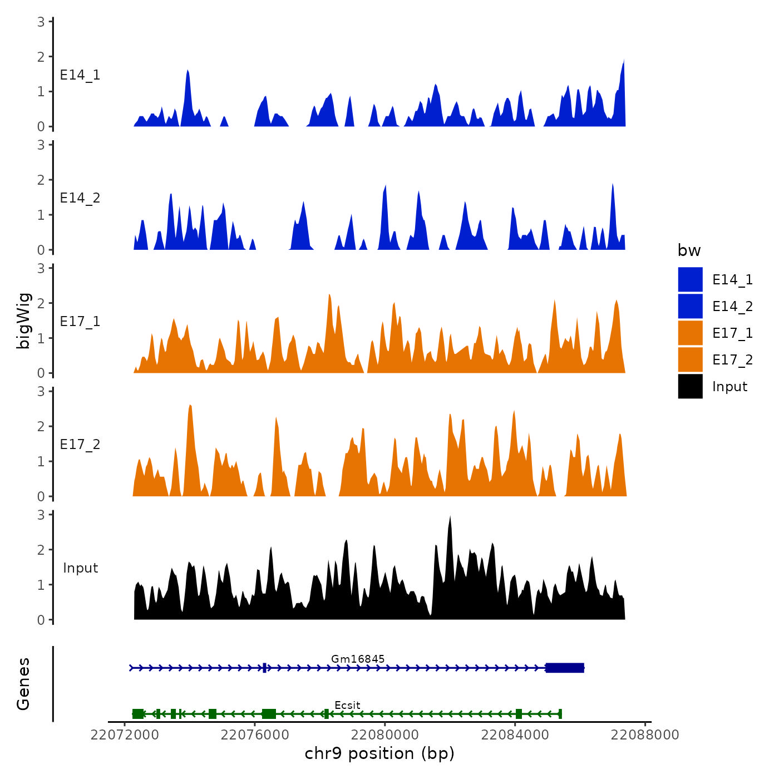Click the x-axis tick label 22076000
255,735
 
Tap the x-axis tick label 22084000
515,735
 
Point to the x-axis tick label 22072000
125,735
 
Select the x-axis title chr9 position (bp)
379,754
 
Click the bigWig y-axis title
24,321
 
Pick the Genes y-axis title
24,684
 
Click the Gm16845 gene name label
358,659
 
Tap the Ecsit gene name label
347,705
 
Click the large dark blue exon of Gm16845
565,668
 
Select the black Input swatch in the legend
690,387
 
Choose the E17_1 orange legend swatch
690,333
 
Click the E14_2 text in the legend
732,307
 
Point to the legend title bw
689,251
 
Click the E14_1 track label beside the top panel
80,75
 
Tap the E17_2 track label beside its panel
80,445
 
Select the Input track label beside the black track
80,568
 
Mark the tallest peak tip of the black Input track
450,517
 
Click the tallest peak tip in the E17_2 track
190,406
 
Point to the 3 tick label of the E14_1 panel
41,22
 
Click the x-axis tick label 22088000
645,735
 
